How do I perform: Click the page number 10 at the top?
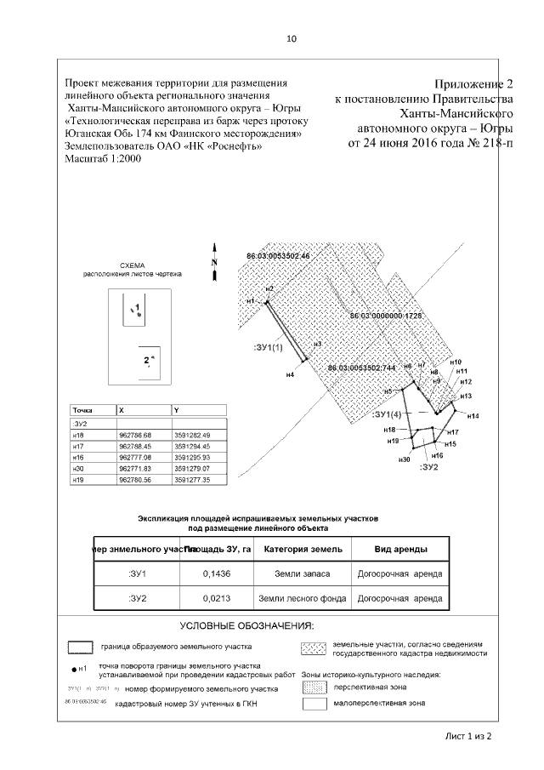pos(292,39)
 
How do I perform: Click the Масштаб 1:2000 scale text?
pos(101,161)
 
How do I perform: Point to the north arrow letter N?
pos(215,262)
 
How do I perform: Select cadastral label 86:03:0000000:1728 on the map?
pos(387,316)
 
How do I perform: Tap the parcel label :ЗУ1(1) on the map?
pos(271,348)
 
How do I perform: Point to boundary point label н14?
pos(473,415)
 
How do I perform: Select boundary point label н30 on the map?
pos(405,459)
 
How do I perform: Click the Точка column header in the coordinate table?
pos(83,409)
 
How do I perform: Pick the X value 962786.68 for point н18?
pos(137,434)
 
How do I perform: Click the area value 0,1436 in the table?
pos(212,574)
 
